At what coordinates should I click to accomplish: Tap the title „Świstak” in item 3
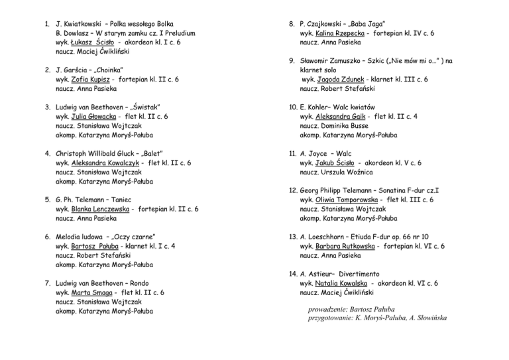point(143,106)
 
